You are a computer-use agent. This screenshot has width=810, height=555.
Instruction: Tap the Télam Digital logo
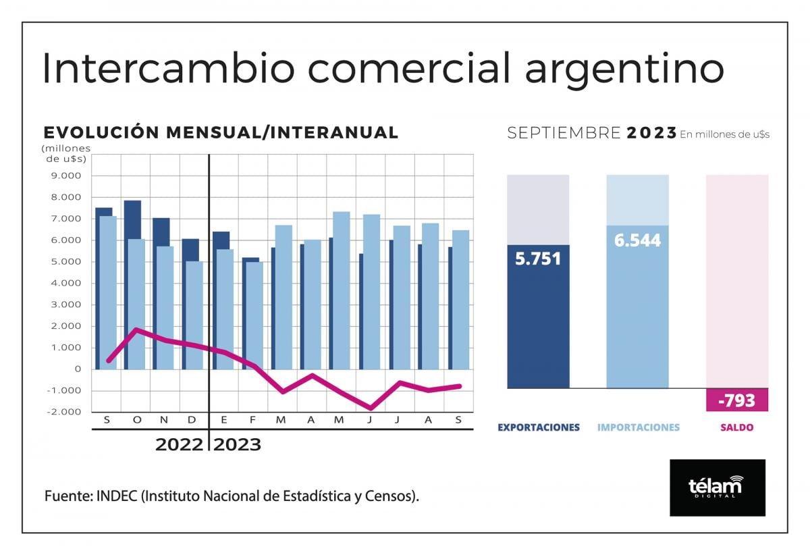pyautogui.click(x=717, y=487)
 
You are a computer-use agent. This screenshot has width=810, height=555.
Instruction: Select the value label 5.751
pyautogui.click(x=538, y=259)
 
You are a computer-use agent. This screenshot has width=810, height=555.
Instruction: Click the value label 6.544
pyautogui.click(x=637, y=240)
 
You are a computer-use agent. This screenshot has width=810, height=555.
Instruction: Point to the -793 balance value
pyautogui.click(x=736, y=401)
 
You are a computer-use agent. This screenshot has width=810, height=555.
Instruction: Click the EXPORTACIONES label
pyautogui.click(x=538, y=427)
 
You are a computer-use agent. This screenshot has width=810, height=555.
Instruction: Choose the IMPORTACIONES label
pyautogui.click(x=638, y=427)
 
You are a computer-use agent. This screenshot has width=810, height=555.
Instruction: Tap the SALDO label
pyautogui.click(x=736, y=427)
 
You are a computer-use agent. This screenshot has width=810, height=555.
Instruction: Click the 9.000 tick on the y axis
pyautogui.click(x=65, y=176)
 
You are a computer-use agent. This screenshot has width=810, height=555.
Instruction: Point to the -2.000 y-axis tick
pyautogui.click(x=63, y=412)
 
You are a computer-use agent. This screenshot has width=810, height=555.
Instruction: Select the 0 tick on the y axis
pyautogui.click(x=78, y=369)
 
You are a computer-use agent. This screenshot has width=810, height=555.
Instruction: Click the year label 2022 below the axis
pyautogui.click(x=179, y=446)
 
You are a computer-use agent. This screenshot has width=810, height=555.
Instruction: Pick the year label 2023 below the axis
pyautogui.click(x=237, y=446)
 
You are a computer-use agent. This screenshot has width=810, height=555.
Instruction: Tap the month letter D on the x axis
pyautogui.click(x=193, y=420)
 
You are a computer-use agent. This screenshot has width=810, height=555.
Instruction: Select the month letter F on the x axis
pyautogui.click(x=252, y=420)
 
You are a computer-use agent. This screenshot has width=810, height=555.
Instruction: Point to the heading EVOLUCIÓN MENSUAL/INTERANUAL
pyautogui.click(x=221, y=132)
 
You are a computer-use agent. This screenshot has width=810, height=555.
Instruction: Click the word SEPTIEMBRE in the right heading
pyautogui.click(x=564, y=133)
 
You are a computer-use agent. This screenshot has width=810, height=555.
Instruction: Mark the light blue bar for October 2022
pyautogui.click(x=136, y=304)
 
